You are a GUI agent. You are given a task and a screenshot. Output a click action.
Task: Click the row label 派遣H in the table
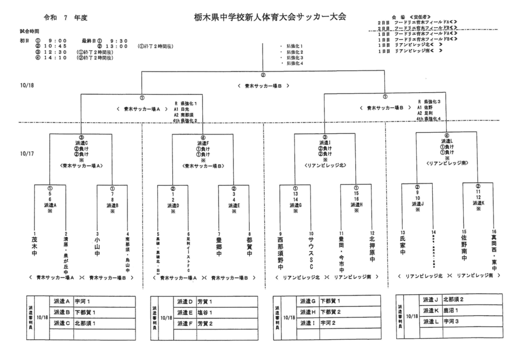[x=308, y=312]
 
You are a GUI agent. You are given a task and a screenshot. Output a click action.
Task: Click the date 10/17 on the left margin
[x=26, y=153]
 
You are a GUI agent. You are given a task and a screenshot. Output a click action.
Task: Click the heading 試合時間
[x=23, y=32]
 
